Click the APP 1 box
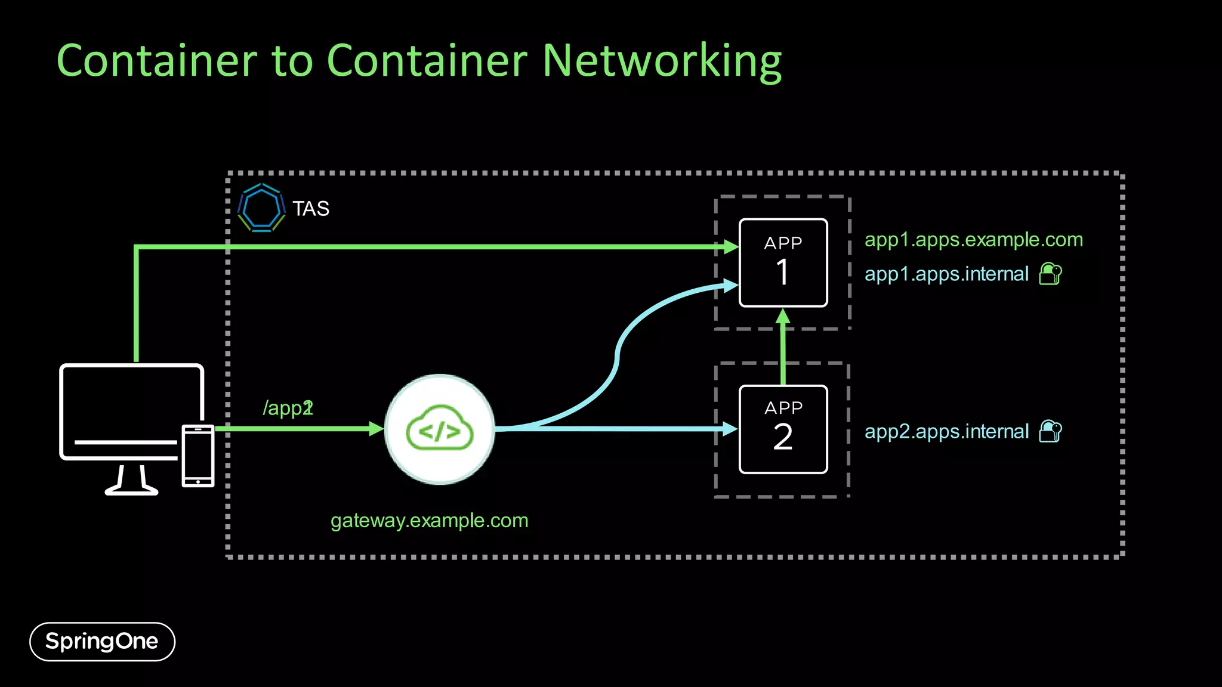pos(783,263)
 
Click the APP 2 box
pos(783,429)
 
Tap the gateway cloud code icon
pos(440,429)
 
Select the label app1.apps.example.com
pos(973,240)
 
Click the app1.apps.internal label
pos(946,274)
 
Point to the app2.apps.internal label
pos(946,432)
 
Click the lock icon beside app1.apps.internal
pos(1050,274)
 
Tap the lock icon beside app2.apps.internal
pos(1050,431)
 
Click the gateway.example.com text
pos(429,521)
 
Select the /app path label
pos(288,409)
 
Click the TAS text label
pos(311,209)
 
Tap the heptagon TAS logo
pos(261,208)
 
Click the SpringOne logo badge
pos(102,642)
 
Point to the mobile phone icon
pos(198,456)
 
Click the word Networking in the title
pos(662,61)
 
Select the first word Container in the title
pos(157,61)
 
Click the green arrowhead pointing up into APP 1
pos(783,317)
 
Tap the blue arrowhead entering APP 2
pos(730,429)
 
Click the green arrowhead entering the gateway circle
pos(376,429)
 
